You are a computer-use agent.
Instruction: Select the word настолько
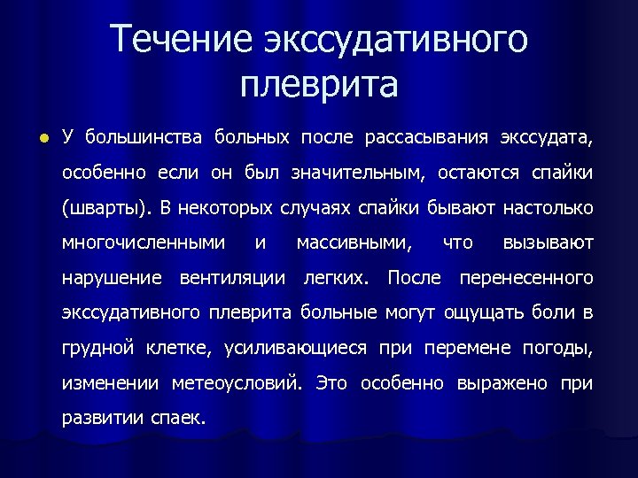pos(547,208)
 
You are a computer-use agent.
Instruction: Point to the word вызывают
pos(548,243)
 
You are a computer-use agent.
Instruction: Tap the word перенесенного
pos(525,278)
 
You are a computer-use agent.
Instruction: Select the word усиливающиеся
pos(296,348)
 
